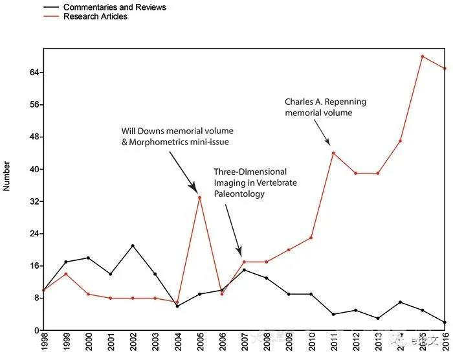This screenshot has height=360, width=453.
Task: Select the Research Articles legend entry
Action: coord(95,16)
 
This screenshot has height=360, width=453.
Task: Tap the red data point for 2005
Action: coord(199,197)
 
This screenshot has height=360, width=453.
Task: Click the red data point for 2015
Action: coord(423,56)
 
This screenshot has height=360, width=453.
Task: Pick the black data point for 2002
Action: coord(133,246)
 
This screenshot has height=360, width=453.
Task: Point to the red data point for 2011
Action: coord(333,153)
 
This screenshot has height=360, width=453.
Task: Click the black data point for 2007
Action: coord(244,270)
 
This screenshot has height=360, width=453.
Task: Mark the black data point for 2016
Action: coord(445,322)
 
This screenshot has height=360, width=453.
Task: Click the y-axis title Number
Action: coord(7,176)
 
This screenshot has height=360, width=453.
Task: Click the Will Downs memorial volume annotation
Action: coord(177,136)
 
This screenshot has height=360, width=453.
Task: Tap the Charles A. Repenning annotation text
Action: coord(325,107)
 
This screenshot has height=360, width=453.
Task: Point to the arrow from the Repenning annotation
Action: coord(320,131)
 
